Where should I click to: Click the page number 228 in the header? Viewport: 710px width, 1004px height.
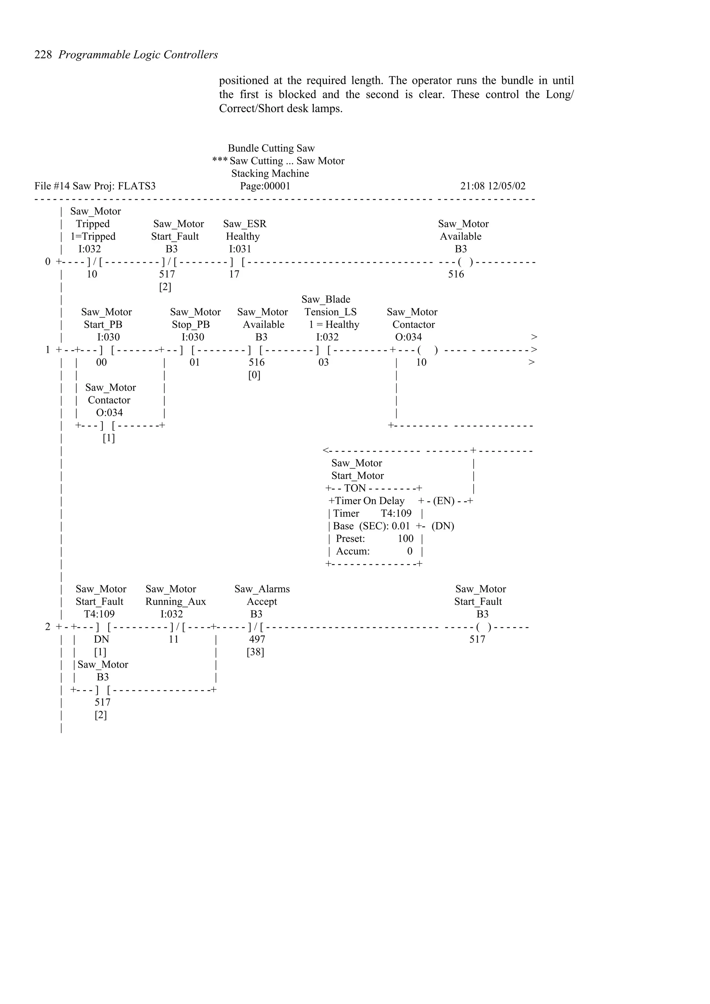coord(43,55)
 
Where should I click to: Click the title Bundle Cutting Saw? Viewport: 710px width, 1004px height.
coord(271,149)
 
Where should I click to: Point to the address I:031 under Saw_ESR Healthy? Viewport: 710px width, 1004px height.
coord(240,249)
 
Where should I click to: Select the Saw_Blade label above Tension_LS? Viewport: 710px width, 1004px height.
coord(326,300)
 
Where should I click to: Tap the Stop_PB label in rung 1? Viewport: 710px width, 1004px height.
coord(191,325)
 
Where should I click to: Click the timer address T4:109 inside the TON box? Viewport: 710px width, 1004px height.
coord(396,514)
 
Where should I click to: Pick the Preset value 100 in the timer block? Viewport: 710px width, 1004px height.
coord(406,539)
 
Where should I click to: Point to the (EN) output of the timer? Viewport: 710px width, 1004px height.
coord(444,501)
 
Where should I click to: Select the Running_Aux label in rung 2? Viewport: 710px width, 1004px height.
coord(175,602)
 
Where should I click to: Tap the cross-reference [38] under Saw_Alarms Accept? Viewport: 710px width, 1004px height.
coord(255,652)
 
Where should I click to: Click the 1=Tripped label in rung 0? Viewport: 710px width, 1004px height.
coord(93,237)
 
